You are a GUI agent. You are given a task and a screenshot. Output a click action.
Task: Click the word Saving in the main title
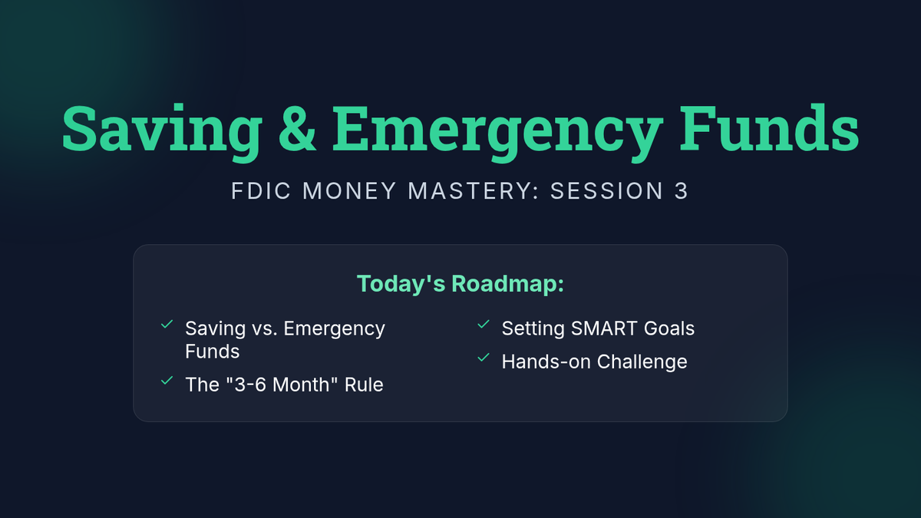162,131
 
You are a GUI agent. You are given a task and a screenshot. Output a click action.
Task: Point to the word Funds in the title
769,127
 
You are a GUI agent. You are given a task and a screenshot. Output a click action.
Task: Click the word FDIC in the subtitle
261,191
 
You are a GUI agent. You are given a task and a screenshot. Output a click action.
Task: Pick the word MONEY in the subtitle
349,191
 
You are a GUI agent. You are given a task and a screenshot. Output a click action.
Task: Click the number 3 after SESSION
682,191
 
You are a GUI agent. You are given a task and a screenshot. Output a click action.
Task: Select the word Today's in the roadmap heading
401,284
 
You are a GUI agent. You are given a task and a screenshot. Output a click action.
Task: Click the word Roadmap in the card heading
508,284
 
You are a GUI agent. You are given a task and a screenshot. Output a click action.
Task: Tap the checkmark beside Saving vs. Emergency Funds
167,325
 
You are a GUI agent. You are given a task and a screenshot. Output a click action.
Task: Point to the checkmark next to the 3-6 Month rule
167,381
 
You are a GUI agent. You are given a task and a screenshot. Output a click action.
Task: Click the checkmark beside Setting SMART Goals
484,325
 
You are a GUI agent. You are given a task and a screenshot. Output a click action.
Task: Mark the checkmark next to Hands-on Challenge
484,358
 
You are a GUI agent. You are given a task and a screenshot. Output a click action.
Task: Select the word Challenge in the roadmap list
642,362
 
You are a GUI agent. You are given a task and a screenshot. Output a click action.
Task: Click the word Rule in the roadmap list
364,384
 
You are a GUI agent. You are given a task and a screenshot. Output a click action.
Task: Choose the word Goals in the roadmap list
669,328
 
